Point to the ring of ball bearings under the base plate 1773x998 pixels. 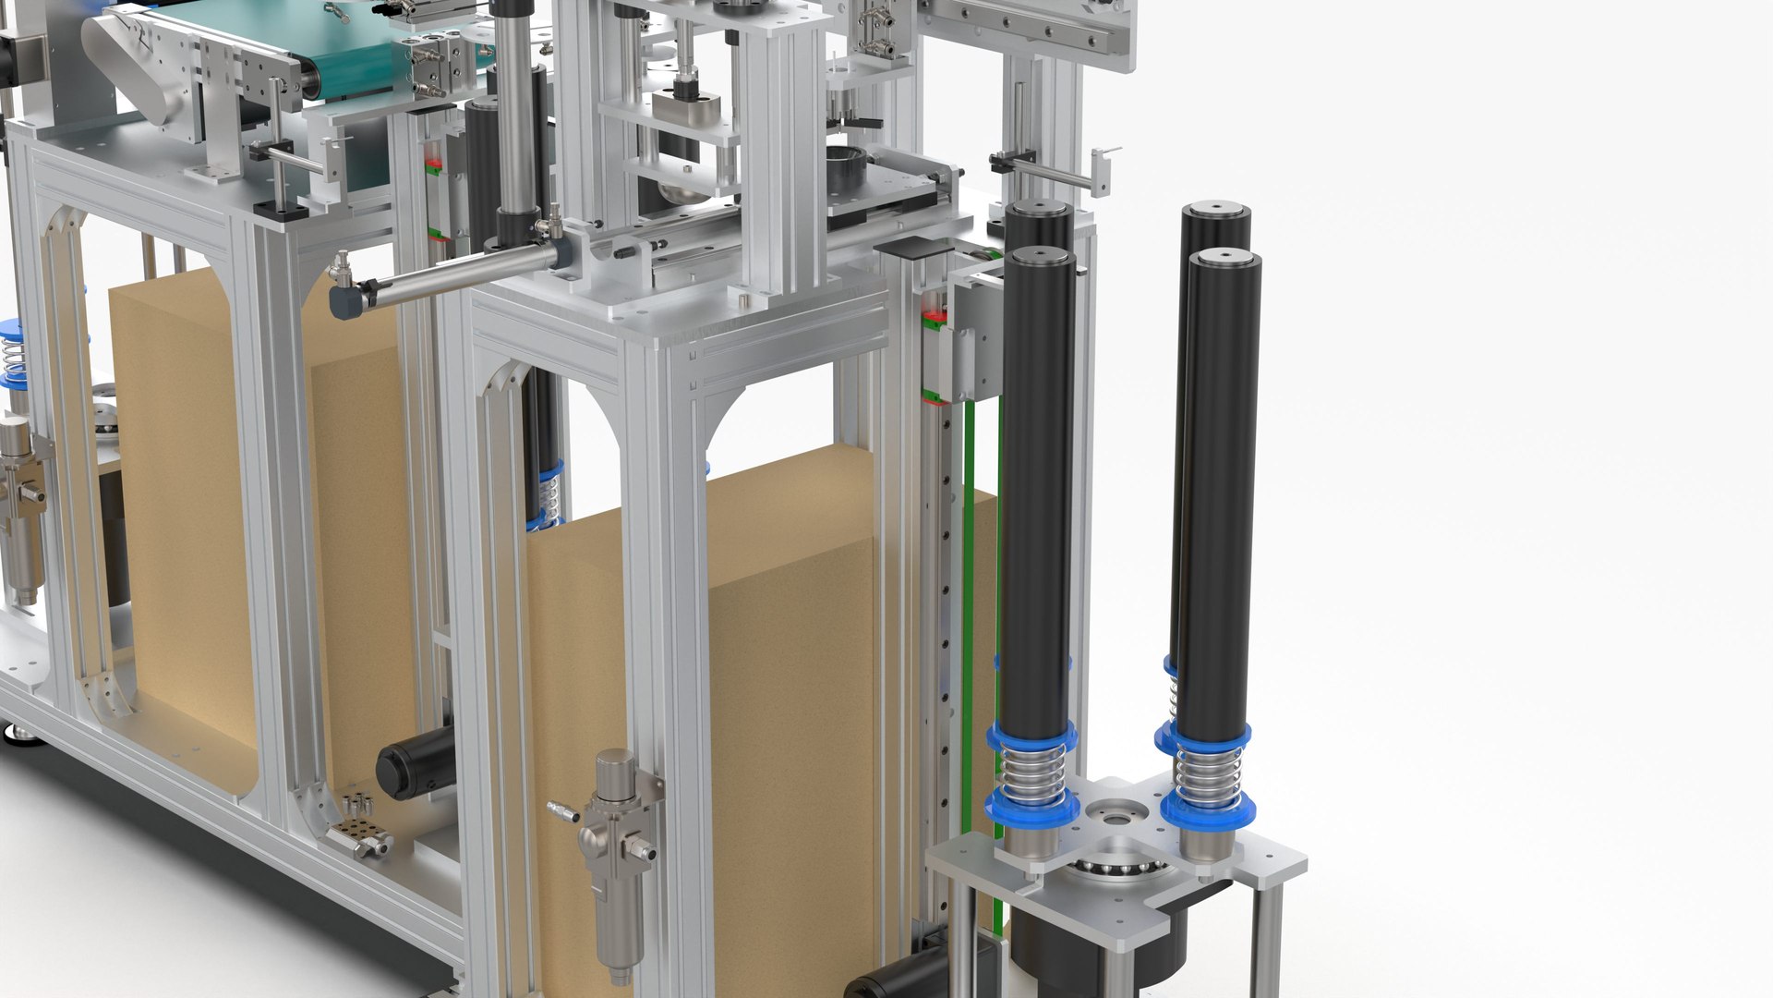click(1117, 869)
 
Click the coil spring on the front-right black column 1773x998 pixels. click(1208, 776)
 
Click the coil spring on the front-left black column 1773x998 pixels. click(1032, 772)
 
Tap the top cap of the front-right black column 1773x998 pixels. click(1224, 259)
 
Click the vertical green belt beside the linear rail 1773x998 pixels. click(969, 601)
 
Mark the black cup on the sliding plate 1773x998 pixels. click(846, 167)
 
